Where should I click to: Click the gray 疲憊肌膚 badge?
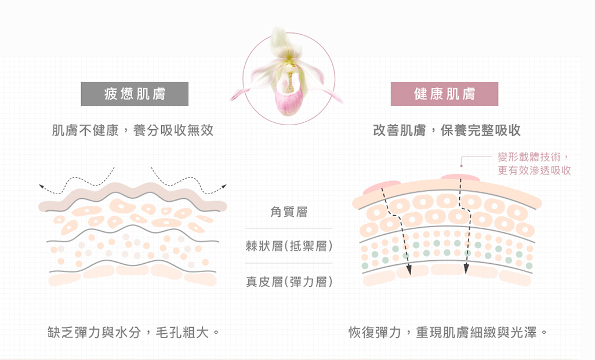coord(135,94)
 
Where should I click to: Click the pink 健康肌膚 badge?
coord(444,94)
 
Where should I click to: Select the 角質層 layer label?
coord(289,212)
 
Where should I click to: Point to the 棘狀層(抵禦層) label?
coord(289,246)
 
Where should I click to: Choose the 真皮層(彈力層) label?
coord(289,282)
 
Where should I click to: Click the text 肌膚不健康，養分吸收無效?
coord(132,130)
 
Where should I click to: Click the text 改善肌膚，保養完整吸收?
coord(447,130)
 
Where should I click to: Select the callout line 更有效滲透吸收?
coord(534,170)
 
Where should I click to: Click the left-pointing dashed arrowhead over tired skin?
coord(41,187)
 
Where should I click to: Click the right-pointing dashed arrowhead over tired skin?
coord(224,186)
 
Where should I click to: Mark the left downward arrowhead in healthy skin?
coord(409,269)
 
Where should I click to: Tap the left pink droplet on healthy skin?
coord(382,186)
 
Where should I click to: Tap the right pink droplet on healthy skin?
coord(460,177)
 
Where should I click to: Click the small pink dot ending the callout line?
coord(462,166)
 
